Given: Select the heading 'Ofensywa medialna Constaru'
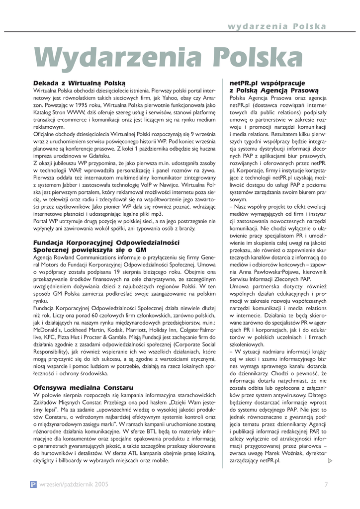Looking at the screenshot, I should [x=83, y=387].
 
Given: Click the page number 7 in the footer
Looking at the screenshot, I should [x=326, y=485].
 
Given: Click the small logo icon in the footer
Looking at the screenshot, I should [x=33, y=485].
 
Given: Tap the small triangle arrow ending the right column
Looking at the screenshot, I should [x=331, y=462].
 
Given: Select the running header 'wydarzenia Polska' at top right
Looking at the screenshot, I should [x=277, y=26].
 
